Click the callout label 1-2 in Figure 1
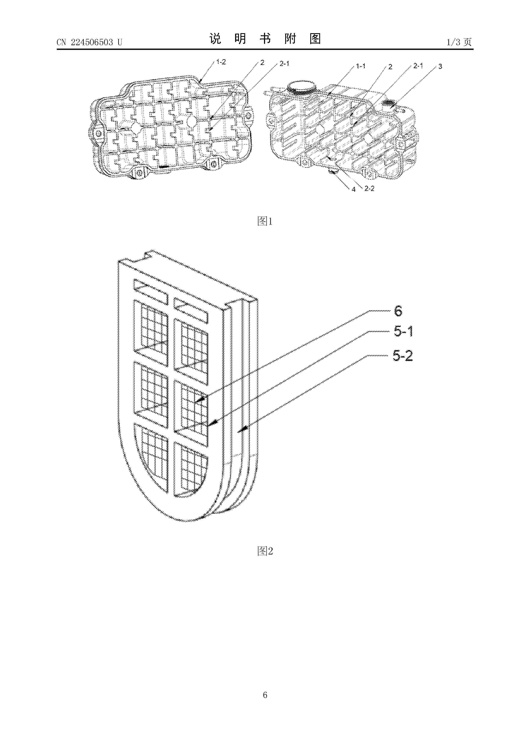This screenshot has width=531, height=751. [x=221, y=62]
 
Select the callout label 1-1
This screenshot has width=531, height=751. [x=361, y=66]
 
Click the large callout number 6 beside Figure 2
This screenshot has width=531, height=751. [x=398, y=311]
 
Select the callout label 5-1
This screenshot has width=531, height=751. [x=403, y=332]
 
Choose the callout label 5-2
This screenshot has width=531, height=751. [x=403, y=356]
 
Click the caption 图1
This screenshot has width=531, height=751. [x=265, y=221]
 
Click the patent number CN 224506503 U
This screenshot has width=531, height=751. [x=89, y=42]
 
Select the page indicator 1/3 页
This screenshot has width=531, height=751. [x=459, y=42]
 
